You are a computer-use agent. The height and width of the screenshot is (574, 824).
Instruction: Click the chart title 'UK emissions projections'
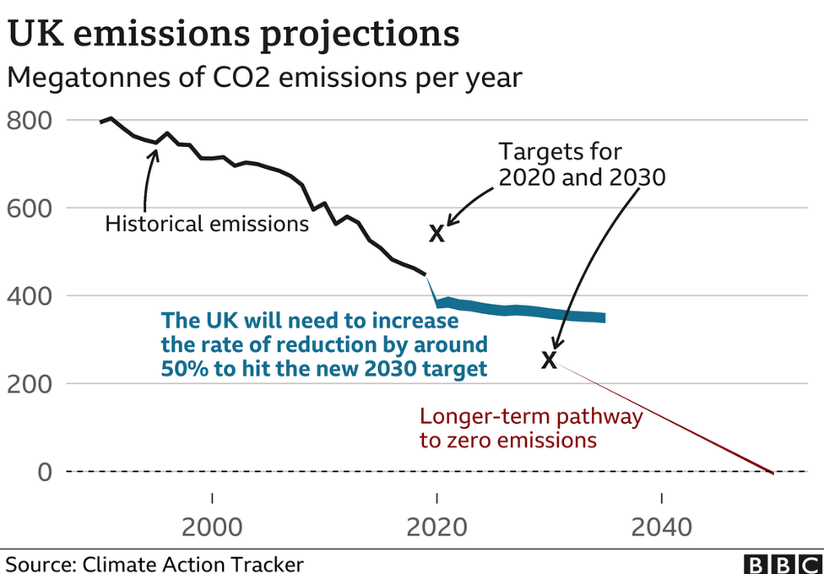pyautogui.click(x=234, y=35)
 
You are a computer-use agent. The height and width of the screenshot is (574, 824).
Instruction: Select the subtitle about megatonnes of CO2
pyautogui.click(x=264, y=78)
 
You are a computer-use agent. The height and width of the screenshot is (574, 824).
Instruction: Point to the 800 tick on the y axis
pyautogui.click(x=29, y=121)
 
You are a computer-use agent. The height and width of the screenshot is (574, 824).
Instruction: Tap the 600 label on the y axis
pyautogui.click(x=29, y=208)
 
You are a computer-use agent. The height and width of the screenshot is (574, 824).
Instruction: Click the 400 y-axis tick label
pyautogui.click(x=29, y=296)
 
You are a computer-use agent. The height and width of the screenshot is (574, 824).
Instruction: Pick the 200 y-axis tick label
pyautogui.click(x=29, y=384)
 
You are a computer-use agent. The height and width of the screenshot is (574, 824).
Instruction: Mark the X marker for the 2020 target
pyautogui.click(x=436, y=234)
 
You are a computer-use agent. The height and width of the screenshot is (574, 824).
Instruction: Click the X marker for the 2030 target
pyautogui.click(x=549, y=360)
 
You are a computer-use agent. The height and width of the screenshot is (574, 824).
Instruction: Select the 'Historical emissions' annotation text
pyautogui.click(x=207, y=225)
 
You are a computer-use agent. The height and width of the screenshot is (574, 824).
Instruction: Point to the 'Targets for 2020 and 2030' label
pyautogui.click(x=582, y=165)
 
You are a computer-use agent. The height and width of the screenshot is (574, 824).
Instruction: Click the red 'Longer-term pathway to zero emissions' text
pyautogui.click(x=531, y=428)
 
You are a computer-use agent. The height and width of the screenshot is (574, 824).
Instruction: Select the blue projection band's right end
pyautogui.click(x=603, y=317)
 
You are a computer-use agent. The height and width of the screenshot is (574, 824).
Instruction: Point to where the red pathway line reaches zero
pyautogui.click(x=772, y=472)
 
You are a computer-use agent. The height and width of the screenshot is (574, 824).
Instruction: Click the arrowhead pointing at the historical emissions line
pyautogui.click(x=154, y=153)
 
